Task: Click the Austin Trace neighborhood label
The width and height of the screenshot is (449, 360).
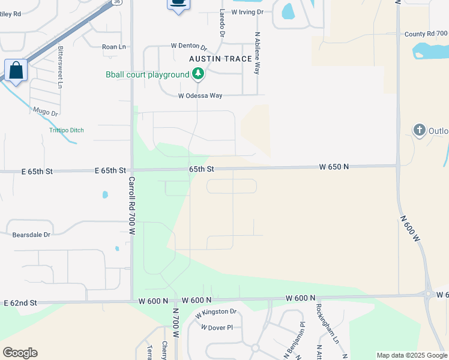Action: (220, 59)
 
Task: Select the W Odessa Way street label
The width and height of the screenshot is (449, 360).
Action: (200, 95)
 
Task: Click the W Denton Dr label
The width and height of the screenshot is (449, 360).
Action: (188, 46)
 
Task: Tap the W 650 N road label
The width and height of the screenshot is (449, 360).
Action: (334, 166)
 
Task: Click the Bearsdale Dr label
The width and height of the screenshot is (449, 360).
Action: (31, 235)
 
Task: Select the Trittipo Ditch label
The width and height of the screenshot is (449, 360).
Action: (67, 130)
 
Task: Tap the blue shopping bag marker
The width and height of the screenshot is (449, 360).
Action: (16, 70)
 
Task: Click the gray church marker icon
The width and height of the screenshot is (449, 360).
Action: (420, 130)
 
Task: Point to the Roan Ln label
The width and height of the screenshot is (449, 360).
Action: (114, 46)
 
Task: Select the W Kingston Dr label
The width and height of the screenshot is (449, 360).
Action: (216, 313)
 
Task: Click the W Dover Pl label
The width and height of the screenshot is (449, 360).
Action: (217, 328)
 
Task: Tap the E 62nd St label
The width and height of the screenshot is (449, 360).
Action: (20, 303)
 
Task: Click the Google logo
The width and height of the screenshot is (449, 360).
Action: (20, 353)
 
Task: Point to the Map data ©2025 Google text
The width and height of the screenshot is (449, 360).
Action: (412, 355)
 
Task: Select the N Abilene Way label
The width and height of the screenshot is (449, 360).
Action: (258, 53)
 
